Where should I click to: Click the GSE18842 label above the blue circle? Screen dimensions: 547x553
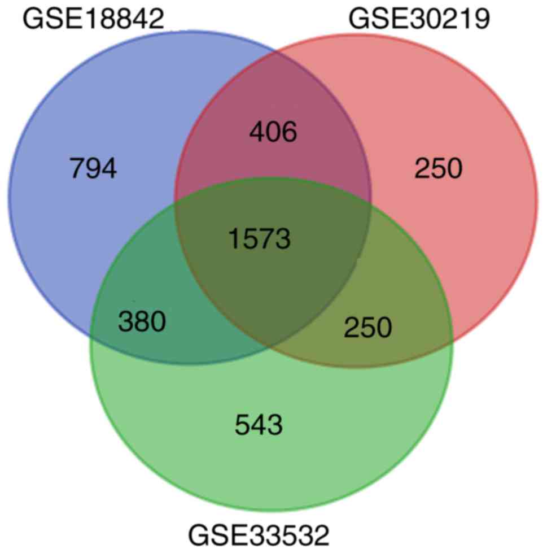coord(93,19)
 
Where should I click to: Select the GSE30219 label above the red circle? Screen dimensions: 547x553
coord(419,19)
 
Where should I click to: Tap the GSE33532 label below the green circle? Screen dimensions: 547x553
coord(259,534)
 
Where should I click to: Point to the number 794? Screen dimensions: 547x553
coord(93,168)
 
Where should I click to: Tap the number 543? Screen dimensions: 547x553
coord(259,425)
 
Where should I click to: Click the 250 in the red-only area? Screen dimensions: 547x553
coord(438,168)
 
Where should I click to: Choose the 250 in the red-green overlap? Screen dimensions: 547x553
coord(367,326)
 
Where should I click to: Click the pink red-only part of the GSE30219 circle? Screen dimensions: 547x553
coord(469,237)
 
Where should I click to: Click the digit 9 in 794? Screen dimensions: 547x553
coord(93,168)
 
